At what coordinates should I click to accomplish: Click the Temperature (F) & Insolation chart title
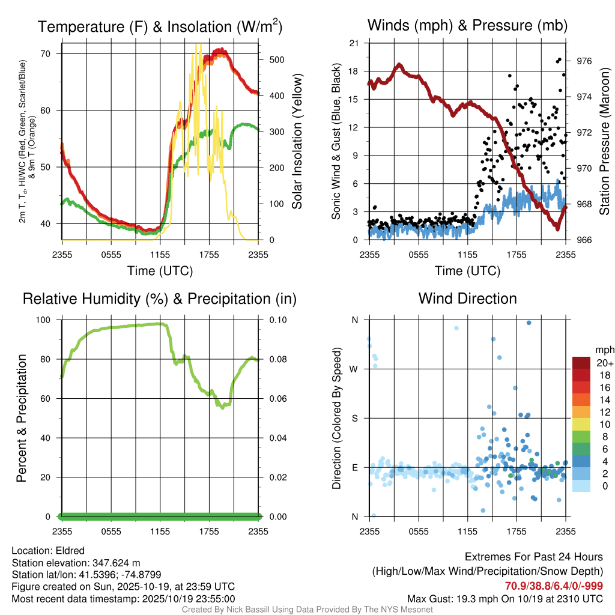tap(160, 27)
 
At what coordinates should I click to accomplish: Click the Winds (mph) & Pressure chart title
tap(467, 25)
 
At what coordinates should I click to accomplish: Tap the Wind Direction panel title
tap(467, 298)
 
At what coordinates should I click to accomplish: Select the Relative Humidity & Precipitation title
tap(160, 298)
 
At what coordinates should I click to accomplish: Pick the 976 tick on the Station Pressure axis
tap(584, 61)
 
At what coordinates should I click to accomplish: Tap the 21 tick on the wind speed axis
tap(354, 43)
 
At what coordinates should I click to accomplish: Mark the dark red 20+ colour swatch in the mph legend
tap(581, 363)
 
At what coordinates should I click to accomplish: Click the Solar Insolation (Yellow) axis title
tap(297, 142)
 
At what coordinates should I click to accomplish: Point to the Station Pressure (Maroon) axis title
tap(605, 142)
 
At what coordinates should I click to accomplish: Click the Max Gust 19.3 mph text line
tap(504, 599)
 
